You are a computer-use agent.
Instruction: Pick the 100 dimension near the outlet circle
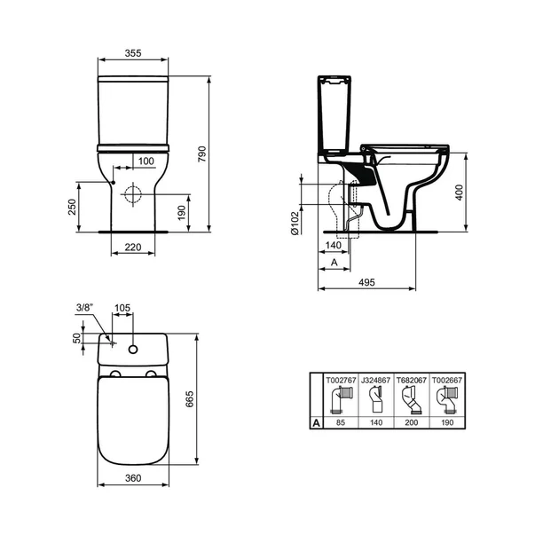coord(145,161)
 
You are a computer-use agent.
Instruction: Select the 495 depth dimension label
coord(367,282)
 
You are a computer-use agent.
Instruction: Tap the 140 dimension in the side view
coord(334,244)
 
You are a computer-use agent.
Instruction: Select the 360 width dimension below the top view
coord(131,478)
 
